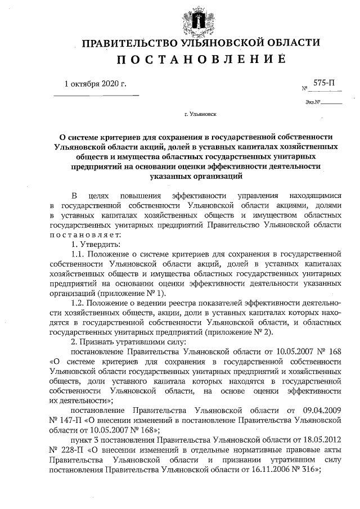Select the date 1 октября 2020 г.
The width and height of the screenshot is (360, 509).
pyautogui.click(x=95, y=85)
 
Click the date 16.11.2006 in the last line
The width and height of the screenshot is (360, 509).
pyautogui.click(x=273, y=469)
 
